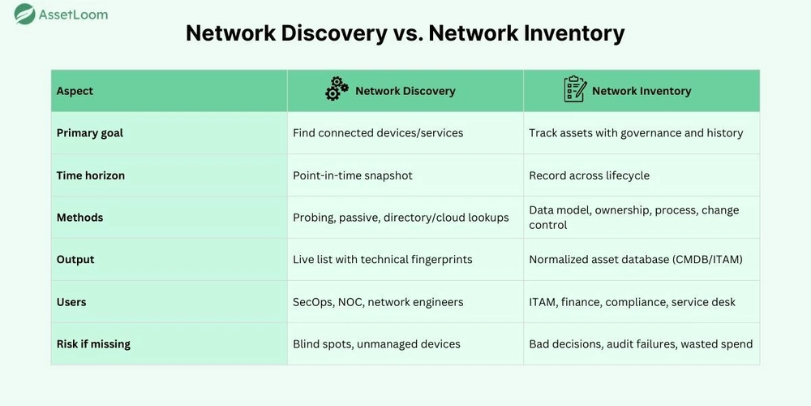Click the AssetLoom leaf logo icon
point(24,14)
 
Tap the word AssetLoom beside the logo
point(73,15)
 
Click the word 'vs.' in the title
point(408,33)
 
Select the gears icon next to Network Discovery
point(337,89)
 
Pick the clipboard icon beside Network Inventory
point(575,89)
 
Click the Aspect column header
point(75,91)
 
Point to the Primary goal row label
point(90,133)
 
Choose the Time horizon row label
point(91,175)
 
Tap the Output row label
point(75,260)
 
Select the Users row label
point(71,302)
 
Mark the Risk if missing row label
point(93,343)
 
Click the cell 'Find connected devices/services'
point(378,133)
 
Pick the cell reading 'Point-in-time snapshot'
point(353,175)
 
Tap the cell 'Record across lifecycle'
point(589,175)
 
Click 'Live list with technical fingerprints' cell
point(383,260)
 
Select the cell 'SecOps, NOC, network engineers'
point(378,302)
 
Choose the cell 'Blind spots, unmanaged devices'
point(376,343)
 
